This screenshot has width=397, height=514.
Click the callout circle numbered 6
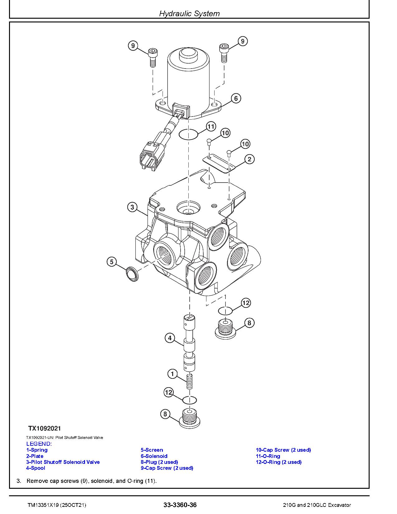click(x=236, y=98)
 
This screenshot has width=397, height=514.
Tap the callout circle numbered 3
click(x=132, y=207)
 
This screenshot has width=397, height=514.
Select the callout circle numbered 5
click(x=112, y=262)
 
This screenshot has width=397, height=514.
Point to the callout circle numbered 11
click(x=211, y=126)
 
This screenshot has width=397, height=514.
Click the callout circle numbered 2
click(x=249, y=159)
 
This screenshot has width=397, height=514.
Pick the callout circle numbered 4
click(x=170, y=338)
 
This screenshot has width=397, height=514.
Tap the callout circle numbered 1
click(x=173, y=374)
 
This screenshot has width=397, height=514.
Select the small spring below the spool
click(x=189, y=382)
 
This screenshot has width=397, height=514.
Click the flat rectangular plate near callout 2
click(x=219, y=163)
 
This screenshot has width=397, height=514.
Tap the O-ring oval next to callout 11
click(x=188, y=135)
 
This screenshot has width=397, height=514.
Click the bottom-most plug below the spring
click(x=189, y=418)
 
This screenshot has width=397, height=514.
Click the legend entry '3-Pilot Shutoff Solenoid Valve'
click(x=63, y=462)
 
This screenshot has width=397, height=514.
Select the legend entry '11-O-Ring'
click(x=268, y=456)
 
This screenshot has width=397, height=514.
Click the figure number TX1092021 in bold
click(x=45, y=428)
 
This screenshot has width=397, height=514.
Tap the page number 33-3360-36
click(x=180, y=505)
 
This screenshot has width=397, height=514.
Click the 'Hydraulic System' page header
click(x=189, y=13)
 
